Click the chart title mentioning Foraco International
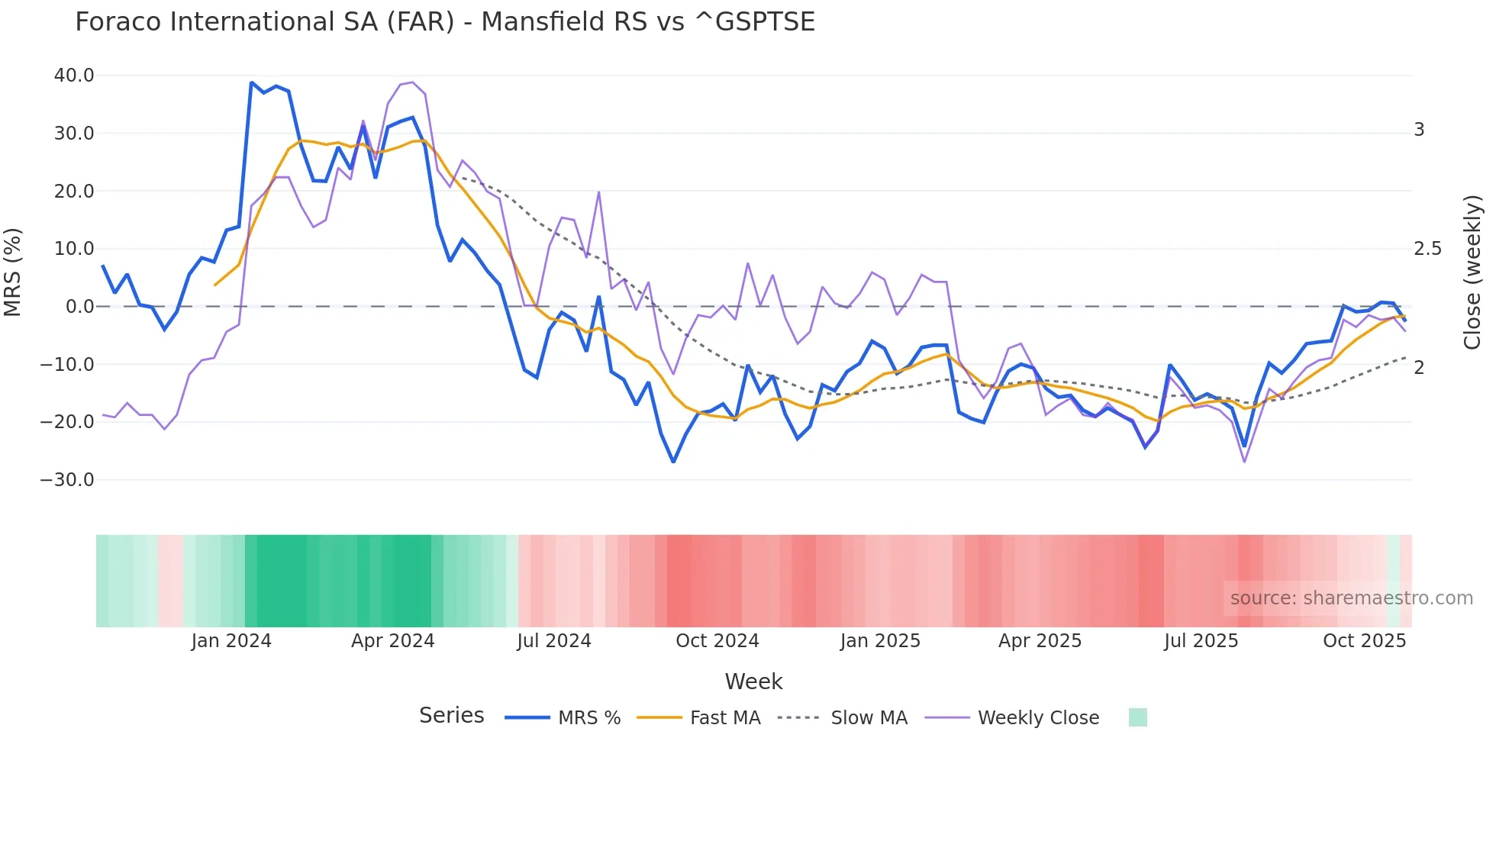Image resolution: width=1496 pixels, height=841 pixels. coord(444,22)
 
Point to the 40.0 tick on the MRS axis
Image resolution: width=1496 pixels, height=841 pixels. coord(74,76)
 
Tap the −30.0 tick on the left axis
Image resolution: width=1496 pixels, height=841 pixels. coord(67,480)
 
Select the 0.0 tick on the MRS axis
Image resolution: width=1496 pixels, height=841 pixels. coord(79,307)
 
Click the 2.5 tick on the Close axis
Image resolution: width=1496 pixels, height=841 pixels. coord(1427,249)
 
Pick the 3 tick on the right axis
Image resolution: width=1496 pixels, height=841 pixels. coord(1419,130)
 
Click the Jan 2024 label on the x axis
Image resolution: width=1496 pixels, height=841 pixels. coord(231,641)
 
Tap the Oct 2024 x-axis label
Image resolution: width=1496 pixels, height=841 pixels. coord(717,641)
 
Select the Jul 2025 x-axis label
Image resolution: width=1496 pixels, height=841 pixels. coord(1201,641)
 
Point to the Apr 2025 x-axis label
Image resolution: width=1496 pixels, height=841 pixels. coord(1040,641)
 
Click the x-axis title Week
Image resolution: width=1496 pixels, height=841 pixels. coord(753,681)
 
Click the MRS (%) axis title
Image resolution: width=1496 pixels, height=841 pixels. coord(13,272)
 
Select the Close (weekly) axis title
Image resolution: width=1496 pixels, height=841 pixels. coord(1472,272)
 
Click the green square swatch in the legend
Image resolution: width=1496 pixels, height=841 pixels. coord(1137,717)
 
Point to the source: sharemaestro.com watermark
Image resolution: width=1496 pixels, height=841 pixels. coord(1351,598)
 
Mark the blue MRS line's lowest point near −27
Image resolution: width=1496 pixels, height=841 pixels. coord(673,462)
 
